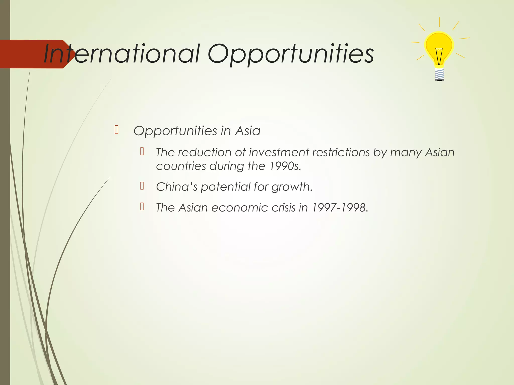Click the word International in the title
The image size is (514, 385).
pyautogui.click(x=122, y=54)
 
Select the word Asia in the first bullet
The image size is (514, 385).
pyautogui.click(x=248, y=131)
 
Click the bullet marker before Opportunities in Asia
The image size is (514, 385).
pyautogui.click(x=116, y=130)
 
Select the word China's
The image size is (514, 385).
pyautogui.click(x=177, y=187)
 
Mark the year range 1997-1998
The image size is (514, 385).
pyautogui.click(x=340, y=208)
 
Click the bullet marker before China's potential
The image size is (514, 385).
pyautogui.click(x=142, y=186)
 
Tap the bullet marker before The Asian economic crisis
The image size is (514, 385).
pyautogui.click(x=142, y=207)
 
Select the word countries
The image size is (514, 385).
pyautogui.click(x=181, y=166)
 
